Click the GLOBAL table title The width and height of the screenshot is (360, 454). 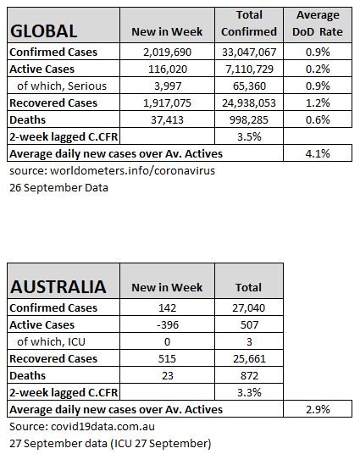point(44,31)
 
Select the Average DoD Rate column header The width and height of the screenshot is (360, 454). point(318,24)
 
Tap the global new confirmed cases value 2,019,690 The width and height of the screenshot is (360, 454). point(167,53)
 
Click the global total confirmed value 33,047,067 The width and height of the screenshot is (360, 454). point(249,53)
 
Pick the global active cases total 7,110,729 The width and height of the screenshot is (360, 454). point(249,69)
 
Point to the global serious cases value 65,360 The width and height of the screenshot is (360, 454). point(249,86)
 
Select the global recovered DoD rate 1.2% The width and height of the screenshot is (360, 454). point(318,102)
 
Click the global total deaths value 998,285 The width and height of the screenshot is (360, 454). point(249,120)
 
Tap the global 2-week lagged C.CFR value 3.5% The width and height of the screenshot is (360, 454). point(249,136)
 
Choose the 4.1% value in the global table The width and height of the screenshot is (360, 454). point(318,154)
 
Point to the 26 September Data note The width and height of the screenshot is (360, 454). point(58,188)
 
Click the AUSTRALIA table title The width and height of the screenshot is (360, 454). point(58,286)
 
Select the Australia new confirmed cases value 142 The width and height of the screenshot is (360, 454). point(167,307)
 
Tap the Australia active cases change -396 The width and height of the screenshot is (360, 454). point(168,325)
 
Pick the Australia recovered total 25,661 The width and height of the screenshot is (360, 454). point(249,359)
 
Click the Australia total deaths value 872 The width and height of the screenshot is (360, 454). point(249,376)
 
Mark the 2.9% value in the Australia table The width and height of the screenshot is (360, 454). point(318,410)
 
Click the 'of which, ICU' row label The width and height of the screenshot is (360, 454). point(51,341)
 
